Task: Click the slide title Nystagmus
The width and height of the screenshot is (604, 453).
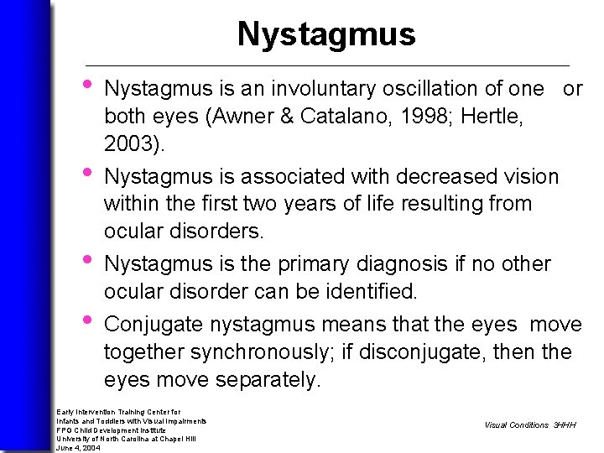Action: [325, 34]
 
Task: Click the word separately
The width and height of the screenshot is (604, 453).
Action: [267, 380]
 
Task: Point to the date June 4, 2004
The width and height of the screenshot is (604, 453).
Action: [79, 448]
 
